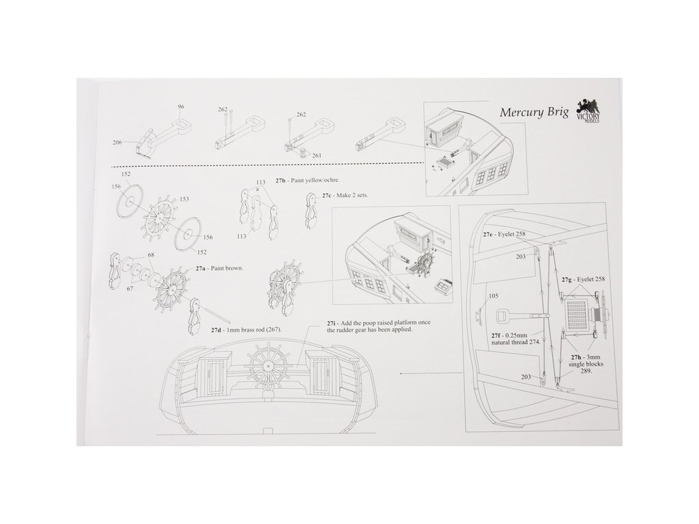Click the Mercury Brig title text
pos(534,112)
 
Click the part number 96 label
pos(181,107)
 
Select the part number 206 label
pos(117,142)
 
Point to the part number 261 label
pos(317,156)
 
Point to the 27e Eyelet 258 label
pos(509,235)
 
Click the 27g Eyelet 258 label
pos(583,280)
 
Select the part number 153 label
pos(184,199)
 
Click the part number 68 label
pos(150,255)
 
